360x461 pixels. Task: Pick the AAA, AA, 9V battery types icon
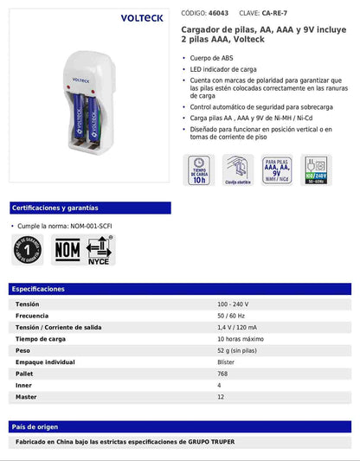[276, 171]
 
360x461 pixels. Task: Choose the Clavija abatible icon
[238, 171]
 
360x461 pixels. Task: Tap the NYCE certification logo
[100, 250]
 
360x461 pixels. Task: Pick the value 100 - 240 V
[235, 304]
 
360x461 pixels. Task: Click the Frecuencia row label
[33, 316]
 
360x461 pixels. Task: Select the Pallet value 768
[223, 374]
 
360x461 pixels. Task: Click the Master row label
[27, 397]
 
